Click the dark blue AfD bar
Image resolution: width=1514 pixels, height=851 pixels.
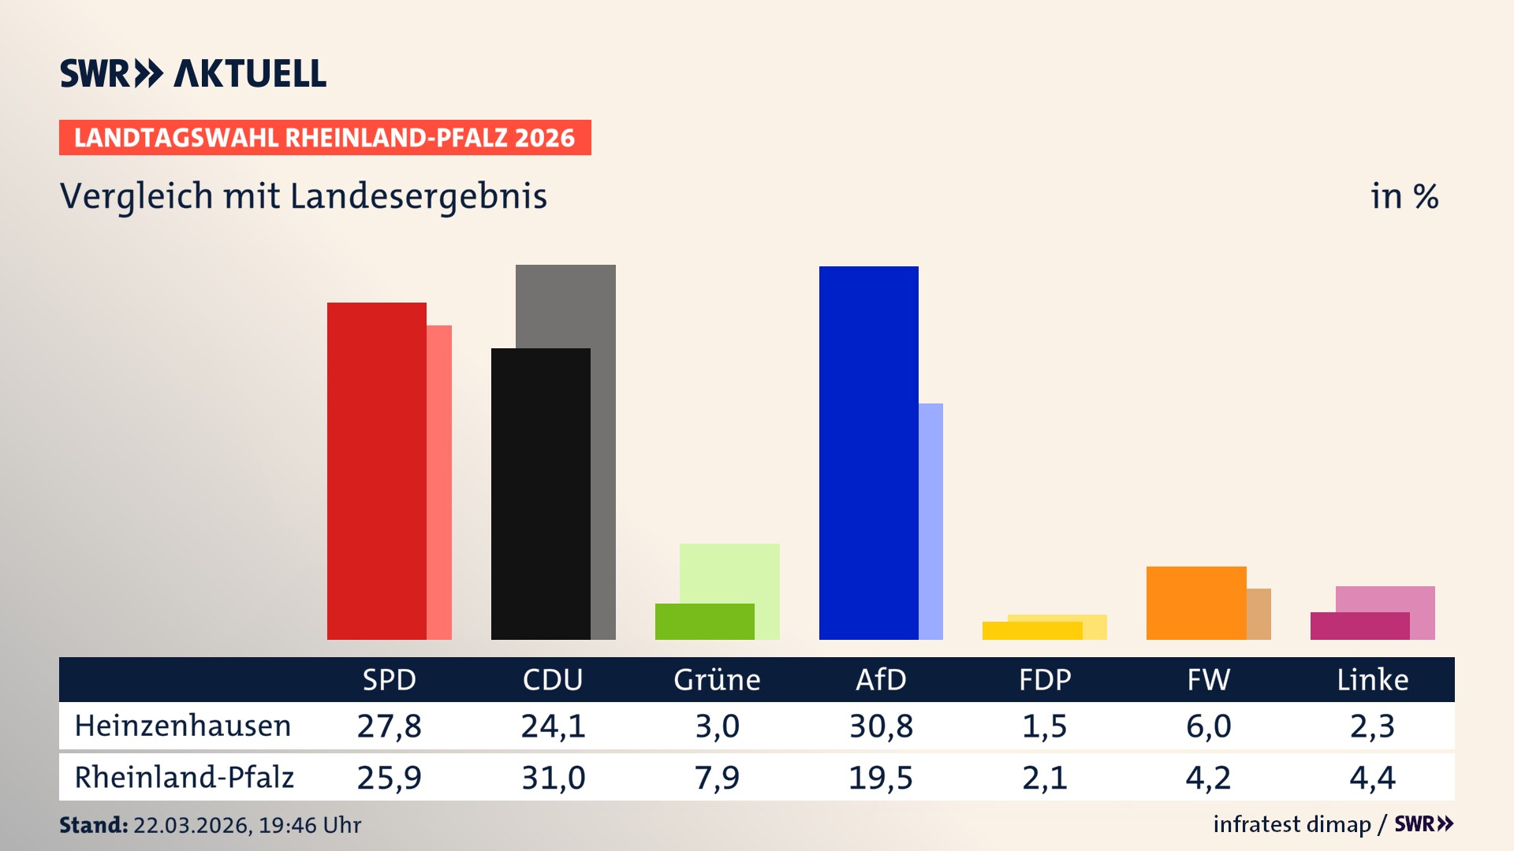pyautogui.click(x=868, y=453)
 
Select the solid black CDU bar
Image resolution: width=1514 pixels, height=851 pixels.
pyautogui.click(x=540, y=494)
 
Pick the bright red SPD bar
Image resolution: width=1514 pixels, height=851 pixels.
pyautogui.click(x=376, y=471)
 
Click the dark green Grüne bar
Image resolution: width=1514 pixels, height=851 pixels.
pyautogui.click(x=704, y=622)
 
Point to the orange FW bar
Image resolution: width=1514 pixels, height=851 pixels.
pyautogui.click(x=1195, y=603)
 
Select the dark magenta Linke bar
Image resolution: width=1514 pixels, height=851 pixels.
pyautogui.click(x=1359, y=626)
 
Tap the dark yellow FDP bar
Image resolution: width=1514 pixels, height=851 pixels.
pyautogui.click(x=1031, y=630)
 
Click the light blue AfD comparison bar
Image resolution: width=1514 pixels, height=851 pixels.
pyautogui.click(x=931, y=520)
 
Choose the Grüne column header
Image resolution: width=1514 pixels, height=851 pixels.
pyautogui.click(x=717, y=680)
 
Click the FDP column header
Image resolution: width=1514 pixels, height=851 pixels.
pyautogui.click(x=1045, y=680)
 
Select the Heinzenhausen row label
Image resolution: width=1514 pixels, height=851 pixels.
pyautogui.click(x=183, y=726)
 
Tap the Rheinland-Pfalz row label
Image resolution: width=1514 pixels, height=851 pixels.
pyautogui.click(x=184, y=778)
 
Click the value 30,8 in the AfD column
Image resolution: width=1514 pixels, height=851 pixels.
pyautogui.click(x=881, y=726)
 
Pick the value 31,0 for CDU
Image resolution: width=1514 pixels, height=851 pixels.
pyautogui.click(x=553, y=778)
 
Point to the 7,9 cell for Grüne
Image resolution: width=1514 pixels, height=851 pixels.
pyautogui.click(x=717, y=778)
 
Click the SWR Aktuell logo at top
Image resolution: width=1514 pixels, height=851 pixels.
pyautogui.click(x=193, y=73)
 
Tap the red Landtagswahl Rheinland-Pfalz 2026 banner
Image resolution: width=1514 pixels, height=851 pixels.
pyautogui.click(x=325, y=138)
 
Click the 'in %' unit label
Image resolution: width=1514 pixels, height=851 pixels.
pyautogui.click(x=1404, y=196)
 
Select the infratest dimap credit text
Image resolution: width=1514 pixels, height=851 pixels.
pyautogui.click(x=1292, y=824)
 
